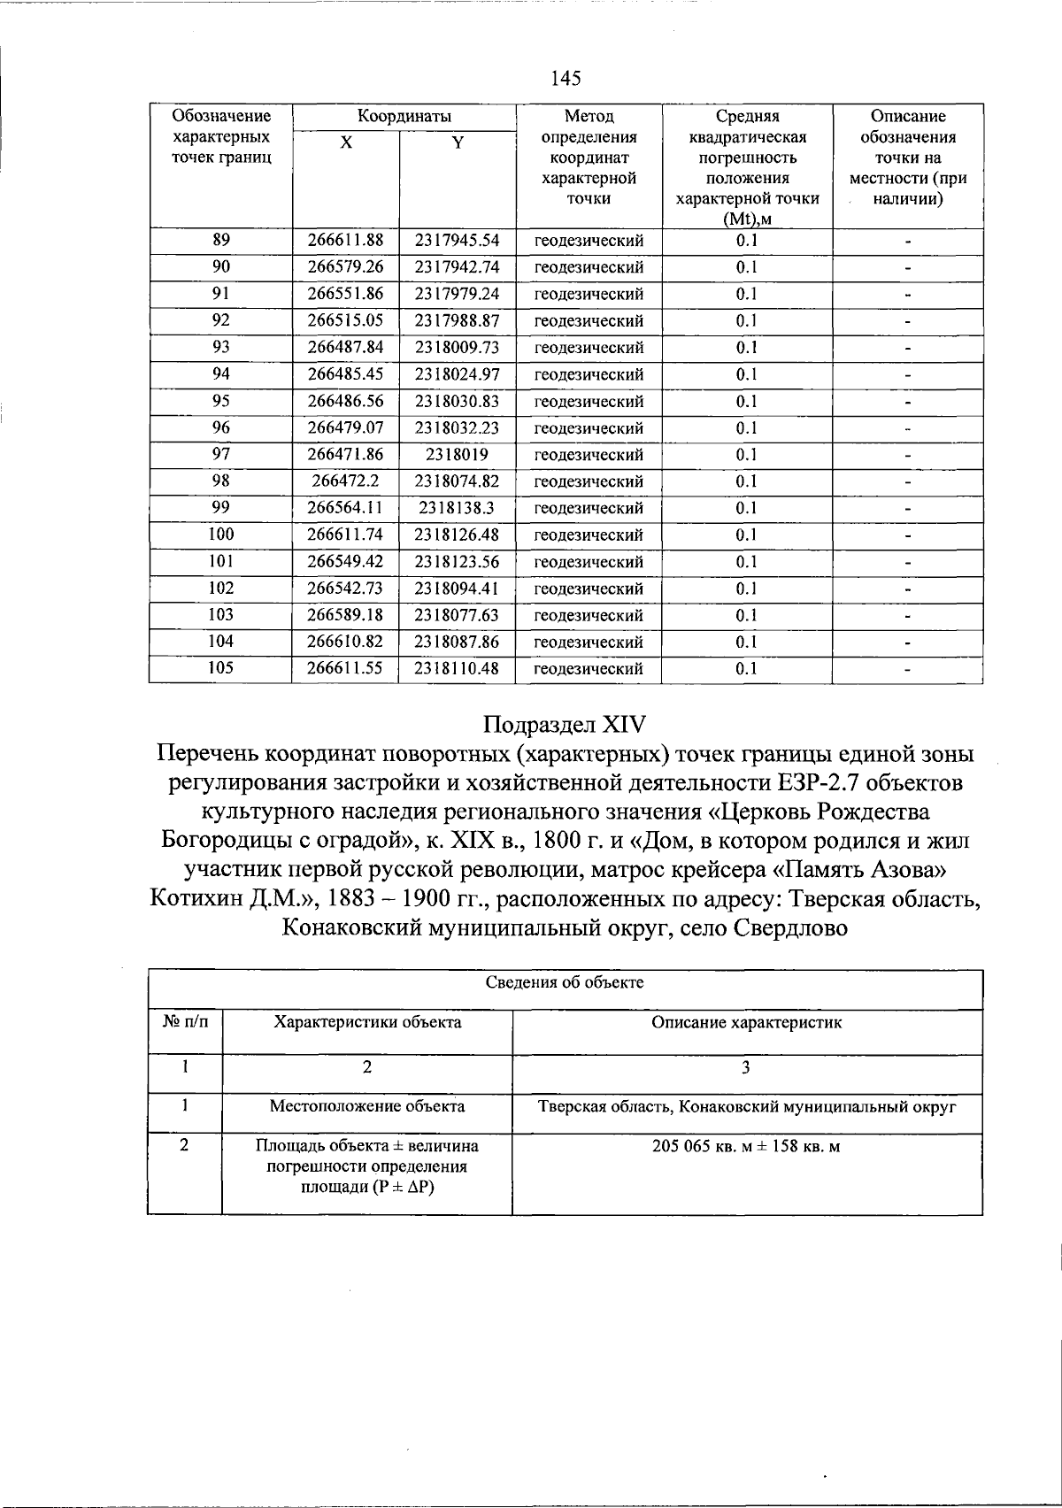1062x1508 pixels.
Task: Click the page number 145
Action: click(566, 79)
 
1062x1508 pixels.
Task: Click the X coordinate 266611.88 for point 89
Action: click(345, 241)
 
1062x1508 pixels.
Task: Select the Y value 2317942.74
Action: click(457, 267)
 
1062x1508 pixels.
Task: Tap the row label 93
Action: click(220, 348)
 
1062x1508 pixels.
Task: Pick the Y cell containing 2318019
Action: click(457, 455)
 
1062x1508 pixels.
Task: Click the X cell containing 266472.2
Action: click(345, 481)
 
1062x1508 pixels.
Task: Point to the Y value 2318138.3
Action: click(457, 508)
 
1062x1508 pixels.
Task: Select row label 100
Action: click(220, 535)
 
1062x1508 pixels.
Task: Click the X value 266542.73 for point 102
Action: click(345, 589)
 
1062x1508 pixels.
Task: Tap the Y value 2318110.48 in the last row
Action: click(457, 668)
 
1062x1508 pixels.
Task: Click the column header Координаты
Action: click(404, 117)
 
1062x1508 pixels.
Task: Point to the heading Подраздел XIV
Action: click(566, 725)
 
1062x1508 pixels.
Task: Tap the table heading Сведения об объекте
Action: click(566, 982)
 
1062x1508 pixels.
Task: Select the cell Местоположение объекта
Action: click(367, 1106)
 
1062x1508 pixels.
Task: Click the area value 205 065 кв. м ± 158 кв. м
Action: click(746, 1147)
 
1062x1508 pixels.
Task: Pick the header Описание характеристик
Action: click(746, 1023)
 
